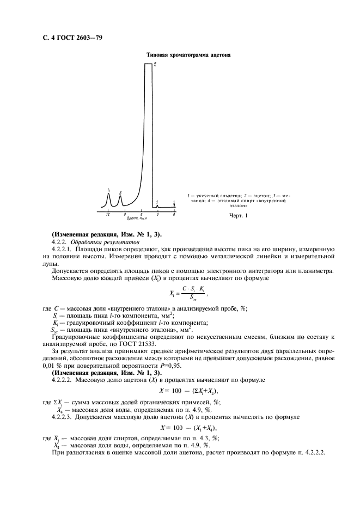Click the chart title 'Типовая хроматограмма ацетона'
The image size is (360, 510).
[189, 55]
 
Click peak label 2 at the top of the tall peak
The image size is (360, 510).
[155, 65]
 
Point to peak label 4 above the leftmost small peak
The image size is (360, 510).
[108, 190]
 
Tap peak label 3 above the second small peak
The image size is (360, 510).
[120, 193]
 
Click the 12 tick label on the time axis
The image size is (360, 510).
[108, 215]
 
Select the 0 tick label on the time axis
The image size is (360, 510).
[174, 215]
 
